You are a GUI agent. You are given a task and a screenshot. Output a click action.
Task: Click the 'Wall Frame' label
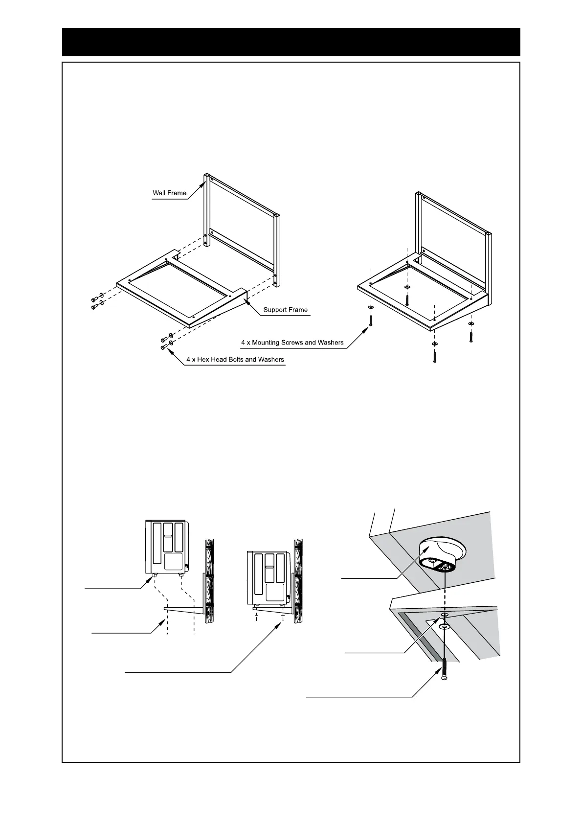click(169, 193)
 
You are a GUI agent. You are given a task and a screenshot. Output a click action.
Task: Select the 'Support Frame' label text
click(285, 310)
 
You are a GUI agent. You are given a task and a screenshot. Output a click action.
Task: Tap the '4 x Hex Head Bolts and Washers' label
click(235, 360)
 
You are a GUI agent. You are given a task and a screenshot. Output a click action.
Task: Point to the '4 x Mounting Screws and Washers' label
click(292, 343)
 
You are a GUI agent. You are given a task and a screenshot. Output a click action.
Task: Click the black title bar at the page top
click(291, 42)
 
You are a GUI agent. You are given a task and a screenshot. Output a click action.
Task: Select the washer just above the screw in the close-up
click(444, 626)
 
